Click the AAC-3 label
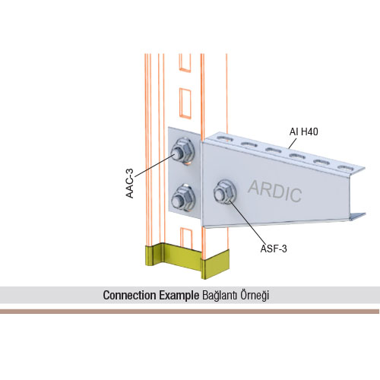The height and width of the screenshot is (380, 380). coord(130,183)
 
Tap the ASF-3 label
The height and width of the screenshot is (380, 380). coord(274,249)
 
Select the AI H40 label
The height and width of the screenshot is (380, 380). coord(303,131)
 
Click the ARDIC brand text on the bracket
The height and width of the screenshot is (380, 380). coord(275,191)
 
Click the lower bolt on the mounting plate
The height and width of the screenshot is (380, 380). coord(183,198)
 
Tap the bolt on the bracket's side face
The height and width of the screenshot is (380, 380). coord(225,192)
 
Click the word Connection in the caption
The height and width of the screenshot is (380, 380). coord(129,296)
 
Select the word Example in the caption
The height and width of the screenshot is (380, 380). coord(179,296)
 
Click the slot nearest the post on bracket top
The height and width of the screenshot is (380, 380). coord(223,138)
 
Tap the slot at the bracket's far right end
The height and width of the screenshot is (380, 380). coord(346,167)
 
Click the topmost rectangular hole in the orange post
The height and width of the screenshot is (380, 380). coord(185,63)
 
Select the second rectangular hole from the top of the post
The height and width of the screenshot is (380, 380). coord(185,103)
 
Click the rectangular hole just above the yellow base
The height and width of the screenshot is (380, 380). coord(186,238)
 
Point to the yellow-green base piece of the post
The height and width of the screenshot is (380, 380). coord(188,261)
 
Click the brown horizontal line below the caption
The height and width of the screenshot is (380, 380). coord(190,312)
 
